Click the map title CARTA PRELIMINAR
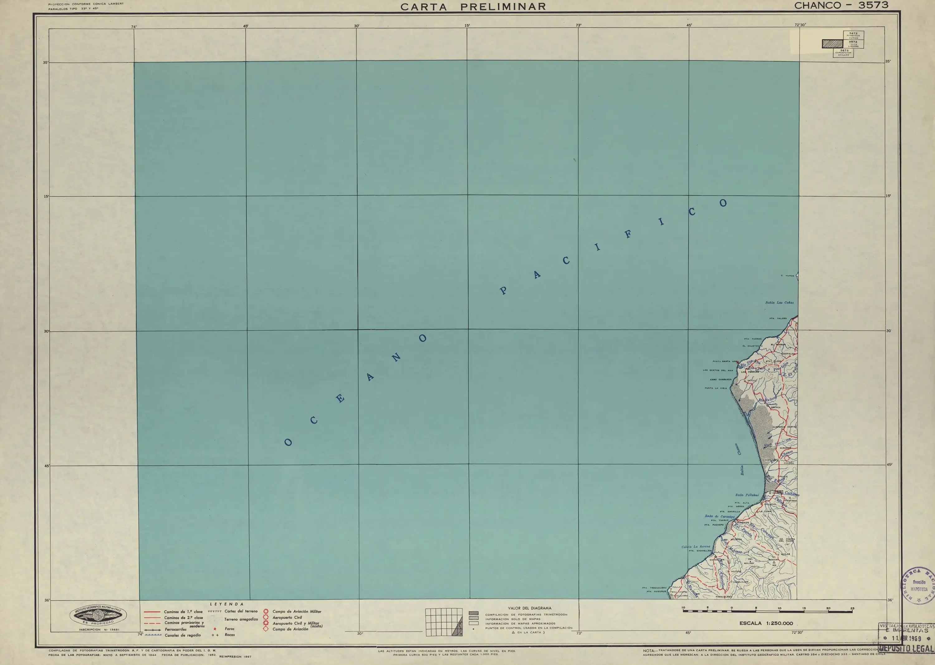pos(473,7)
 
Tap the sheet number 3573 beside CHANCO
pos(873,5)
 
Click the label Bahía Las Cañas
pos(779,303)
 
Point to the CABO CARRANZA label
pos(721,380)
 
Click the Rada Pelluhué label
pos(747,495)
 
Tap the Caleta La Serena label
pos(696,547)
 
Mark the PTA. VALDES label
pos(778,318)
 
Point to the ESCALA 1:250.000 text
pos(766,624)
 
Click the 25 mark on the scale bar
pos(852,609)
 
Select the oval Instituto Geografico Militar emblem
pos(98,615)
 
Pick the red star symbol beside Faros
pos(215,629)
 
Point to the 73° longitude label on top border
pos(578,25)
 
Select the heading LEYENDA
pos(227,604)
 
